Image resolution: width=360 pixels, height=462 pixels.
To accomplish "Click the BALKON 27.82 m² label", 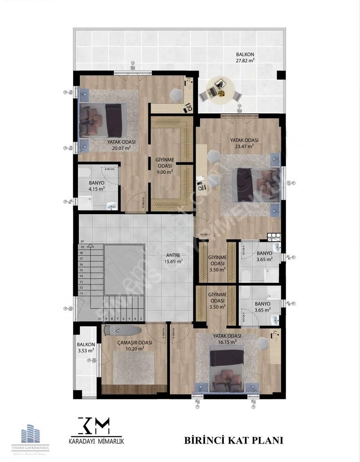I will point(245,57).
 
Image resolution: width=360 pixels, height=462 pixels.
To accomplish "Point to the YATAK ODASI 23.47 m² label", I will point(244,143).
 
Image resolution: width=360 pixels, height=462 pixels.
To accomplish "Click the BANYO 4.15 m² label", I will point(96,186).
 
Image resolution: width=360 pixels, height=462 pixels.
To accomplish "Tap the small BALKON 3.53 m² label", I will point(85,347).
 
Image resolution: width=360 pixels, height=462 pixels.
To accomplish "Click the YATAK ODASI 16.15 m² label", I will point(227,339).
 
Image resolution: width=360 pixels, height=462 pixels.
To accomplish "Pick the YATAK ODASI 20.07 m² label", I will point(121,145).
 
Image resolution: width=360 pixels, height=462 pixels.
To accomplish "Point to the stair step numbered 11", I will point(82,293).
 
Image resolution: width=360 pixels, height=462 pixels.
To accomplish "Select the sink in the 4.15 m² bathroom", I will point(112,206).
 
